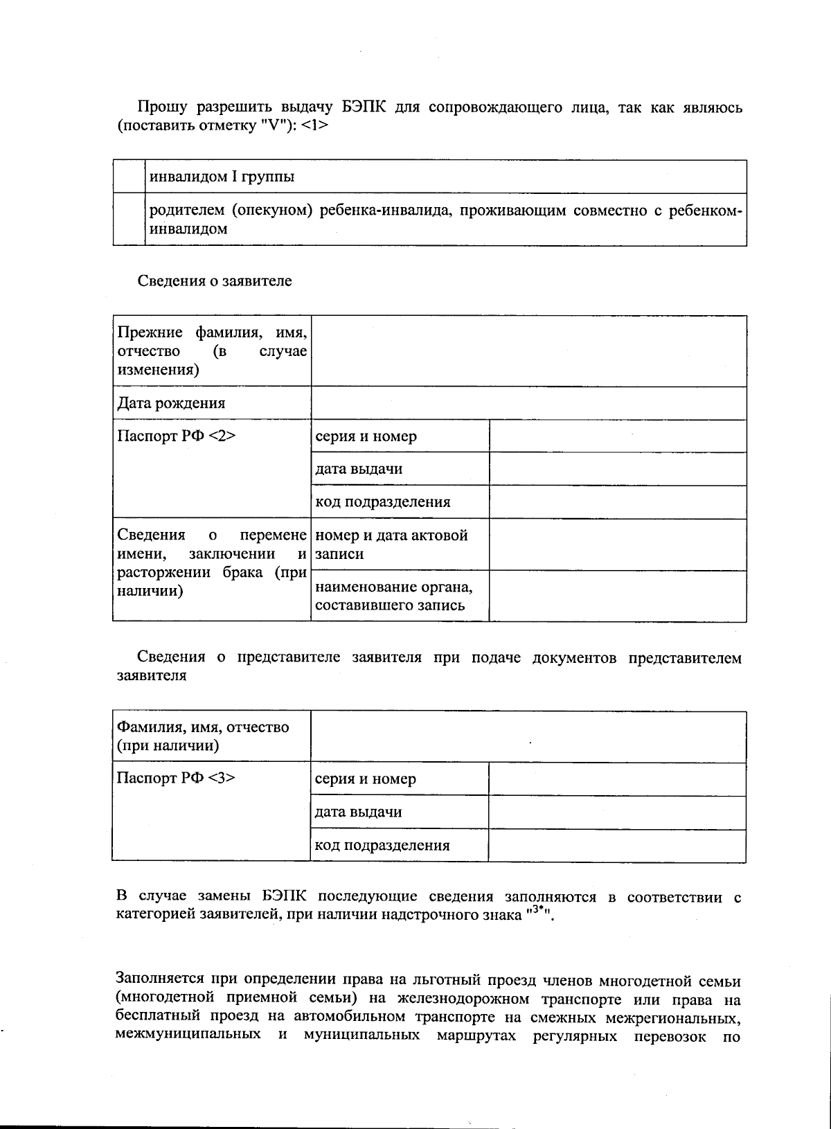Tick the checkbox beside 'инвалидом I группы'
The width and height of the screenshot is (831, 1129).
click(x=129, y=177)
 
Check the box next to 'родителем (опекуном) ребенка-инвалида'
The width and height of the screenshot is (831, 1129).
click(x=129, y=219)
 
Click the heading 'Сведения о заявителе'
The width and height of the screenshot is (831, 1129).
click(x=215, y=281)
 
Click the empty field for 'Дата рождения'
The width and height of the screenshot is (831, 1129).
click(x=528, y=403)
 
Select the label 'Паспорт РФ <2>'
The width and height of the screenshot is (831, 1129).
click(x=177, y=436)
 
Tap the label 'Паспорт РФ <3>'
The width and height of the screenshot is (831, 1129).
click(x=176, y=778)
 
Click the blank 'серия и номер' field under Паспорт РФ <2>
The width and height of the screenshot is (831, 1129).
click(x=617, y=436)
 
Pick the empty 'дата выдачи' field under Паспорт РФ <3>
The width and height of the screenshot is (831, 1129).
click(x=616, y=812)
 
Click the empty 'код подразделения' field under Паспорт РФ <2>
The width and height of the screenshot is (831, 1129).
click(x=617, y=502)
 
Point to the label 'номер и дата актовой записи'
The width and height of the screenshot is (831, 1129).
click(x=391, y=544)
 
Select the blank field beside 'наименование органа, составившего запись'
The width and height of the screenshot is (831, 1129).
click(x=617, y=596)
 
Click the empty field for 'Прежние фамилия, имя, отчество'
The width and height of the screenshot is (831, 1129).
click(x=528, y=351)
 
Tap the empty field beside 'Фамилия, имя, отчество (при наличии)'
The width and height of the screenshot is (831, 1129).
click(x=528, y=736)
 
